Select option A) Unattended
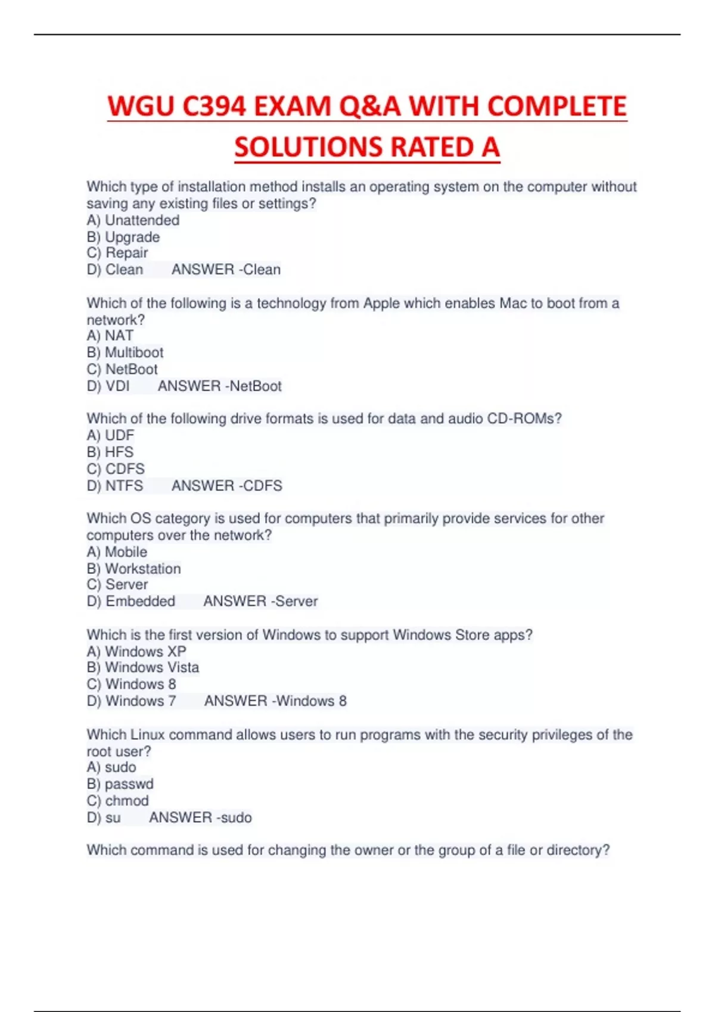(133, 220)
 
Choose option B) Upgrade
(123, 237)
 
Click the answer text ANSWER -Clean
(226, 270)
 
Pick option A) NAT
(110, 336)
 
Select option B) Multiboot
(125, 352)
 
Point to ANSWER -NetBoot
(219, 386)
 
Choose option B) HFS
(110, 452)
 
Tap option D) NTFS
(115, 486)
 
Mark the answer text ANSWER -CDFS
(226, 486)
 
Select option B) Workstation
(133, 569)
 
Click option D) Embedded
(131, 601)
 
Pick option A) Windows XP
(136, 651)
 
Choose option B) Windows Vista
(143, 667)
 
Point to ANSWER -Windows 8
(275, 701)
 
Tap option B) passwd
(120, 784)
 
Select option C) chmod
(118, 801)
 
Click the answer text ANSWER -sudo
(200, 817)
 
